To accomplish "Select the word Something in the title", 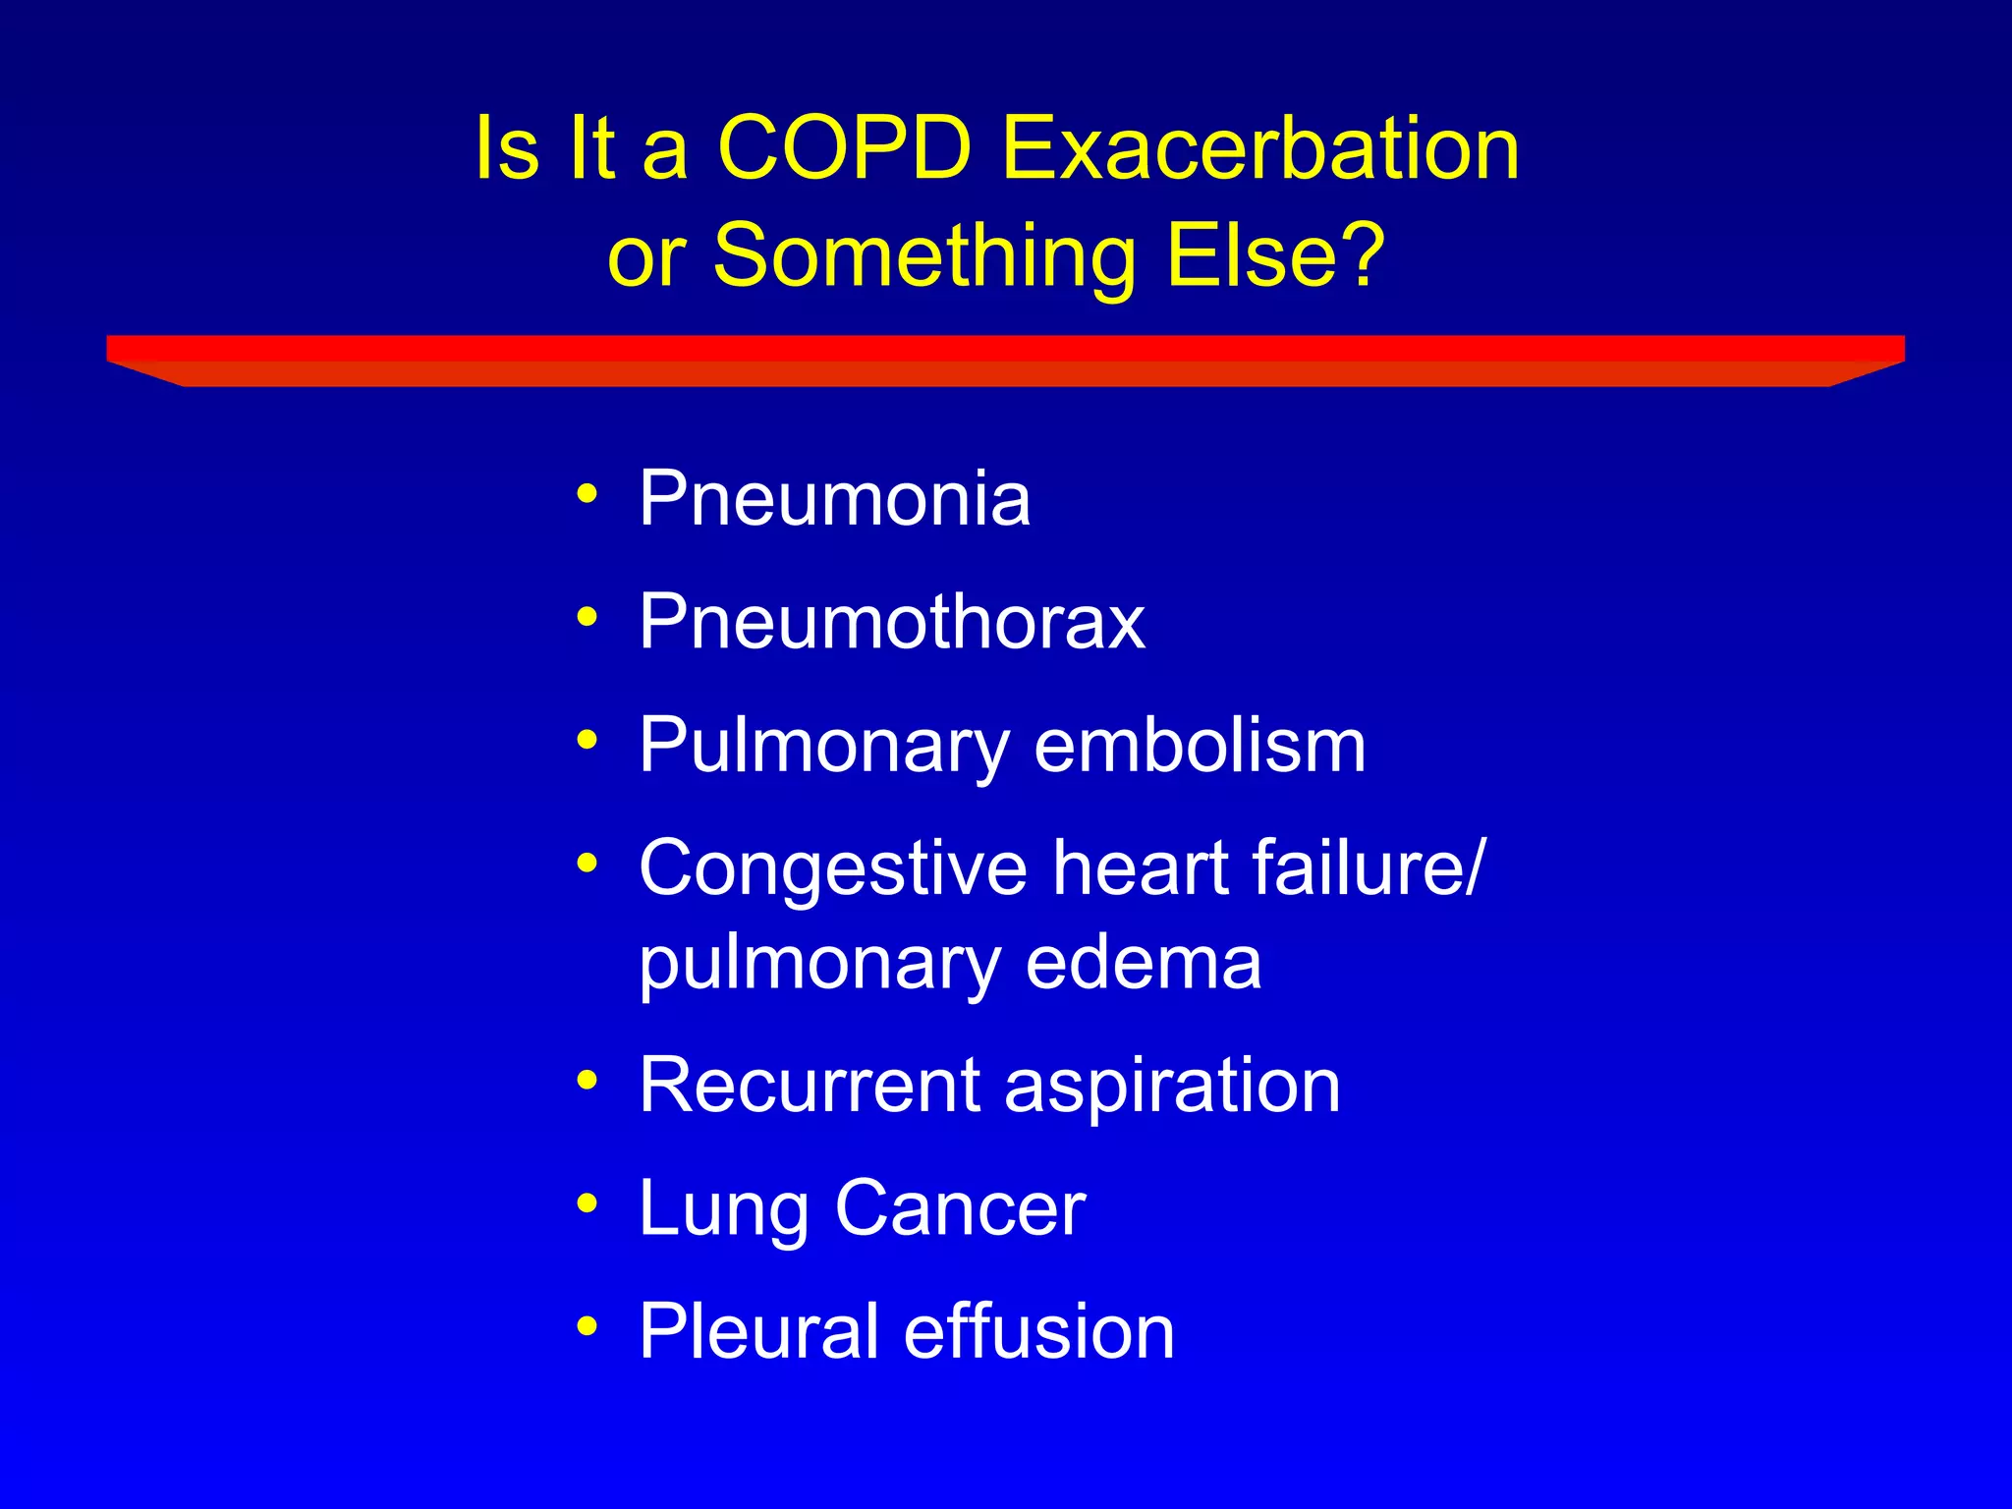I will point(923,257).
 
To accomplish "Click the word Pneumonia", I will point(834,498).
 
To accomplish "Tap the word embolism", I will point(1200,745).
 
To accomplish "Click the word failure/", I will point(1369,867).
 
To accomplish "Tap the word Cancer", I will point(960,1208).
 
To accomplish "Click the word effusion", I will point(1038,1331).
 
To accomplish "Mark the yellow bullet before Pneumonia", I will point(587,494).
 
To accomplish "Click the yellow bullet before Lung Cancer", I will point(587,1204).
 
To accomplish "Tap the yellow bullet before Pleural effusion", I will point(587,1327).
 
